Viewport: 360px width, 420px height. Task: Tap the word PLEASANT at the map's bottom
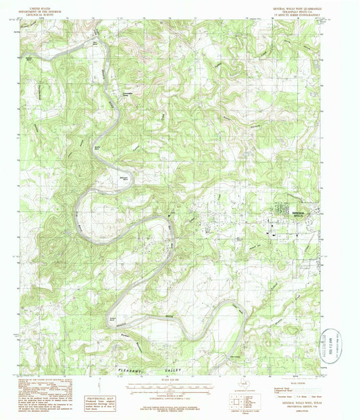[x=130, y=370]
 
